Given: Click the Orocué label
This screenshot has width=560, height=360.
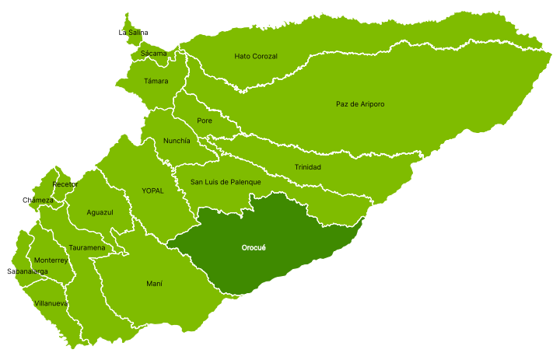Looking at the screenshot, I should [x=254, y=248].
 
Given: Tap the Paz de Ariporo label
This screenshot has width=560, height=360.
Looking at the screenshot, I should [x=360, y=104].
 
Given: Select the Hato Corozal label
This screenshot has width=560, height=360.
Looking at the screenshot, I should [x=256, y=57].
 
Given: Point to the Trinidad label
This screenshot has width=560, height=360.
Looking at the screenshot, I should [x=307, y=168].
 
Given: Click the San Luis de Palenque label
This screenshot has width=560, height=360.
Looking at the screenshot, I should [x=226, y=183].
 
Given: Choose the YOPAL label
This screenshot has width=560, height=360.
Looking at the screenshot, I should [x=152, y=190].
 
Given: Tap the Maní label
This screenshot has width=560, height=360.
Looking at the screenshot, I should [x=154, y=284].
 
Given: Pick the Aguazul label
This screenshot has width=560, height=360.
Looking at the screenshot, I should [x=100, y=212].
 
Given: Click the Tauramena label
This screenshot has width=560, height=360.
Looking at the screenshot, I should [x=86, y=248].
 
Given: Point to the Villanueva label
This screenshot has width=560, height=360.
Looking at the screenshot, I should [x=51, y=303].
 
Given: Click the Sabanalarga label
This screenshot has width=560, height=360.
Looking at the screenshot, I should [x=27, y=271].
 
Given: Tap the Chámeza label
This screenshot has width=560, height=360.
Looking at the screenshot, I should [x=38, y=201].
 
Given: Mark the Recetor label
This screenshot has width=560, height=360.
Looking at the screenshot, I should [x=65, y=184].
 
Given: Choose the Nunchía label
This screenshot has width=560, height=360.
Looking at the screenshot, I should [x=177, y=141].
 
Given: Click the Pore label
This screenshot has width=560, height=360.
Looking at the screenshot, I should [x=205, y=121].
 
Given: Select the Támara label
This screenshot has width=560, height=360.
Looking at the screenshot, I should [x=156, y=81].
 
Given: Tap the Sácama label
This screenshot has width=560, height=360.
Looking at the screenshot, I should [x=153, y=54].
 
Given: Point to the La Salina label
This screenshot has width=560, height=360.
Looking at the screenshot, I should [x=133, y=33].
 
